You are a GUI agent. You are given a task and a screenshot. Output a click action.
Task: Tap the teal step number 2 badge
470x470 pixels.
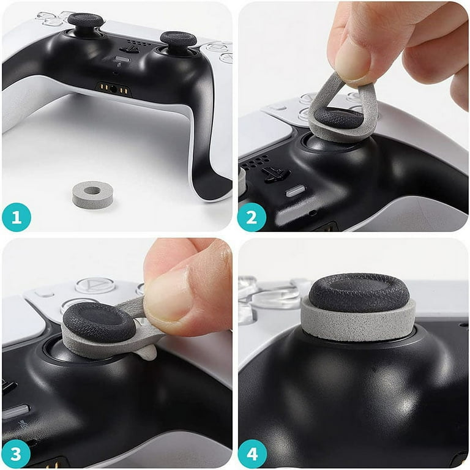click(x=252, y=217)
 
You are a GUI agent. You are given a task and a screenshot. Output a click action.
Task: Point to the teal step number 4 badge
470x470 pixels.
click(x=252, y=453)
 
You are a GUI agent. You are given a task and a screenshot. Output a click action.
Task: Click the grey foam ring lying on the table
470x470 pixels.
click(x=93, y=194)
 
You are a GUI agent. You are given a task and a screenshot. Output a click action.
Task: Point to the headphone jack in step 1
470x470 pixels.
click(x=113, y=89)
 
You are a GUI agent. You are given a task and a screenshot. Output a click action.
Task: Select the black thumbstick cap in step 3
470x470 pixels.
click(x=99, y=321)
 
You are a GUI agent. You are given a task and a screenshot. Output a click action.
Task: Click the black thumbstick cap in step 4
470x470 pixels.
click(x=359, y=292)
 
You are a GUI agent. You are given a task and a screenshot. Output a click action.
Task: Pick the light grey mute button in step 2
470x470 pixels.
click(x=296, y=190)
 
